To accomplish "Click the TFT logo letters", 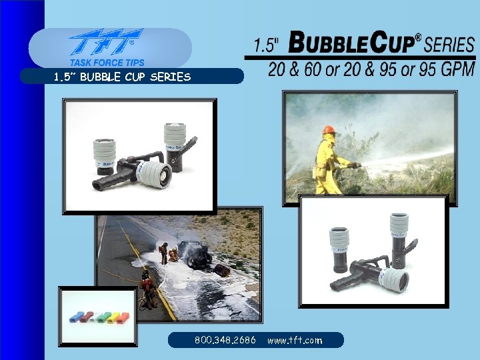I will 107,43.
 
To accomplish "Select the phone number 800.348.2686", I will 225,340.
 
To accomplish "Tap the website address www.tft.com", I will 294,340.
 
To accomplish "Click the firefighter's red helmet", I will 328,130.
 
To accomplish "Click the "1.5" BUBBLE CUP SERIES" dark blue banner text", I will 122,77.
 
